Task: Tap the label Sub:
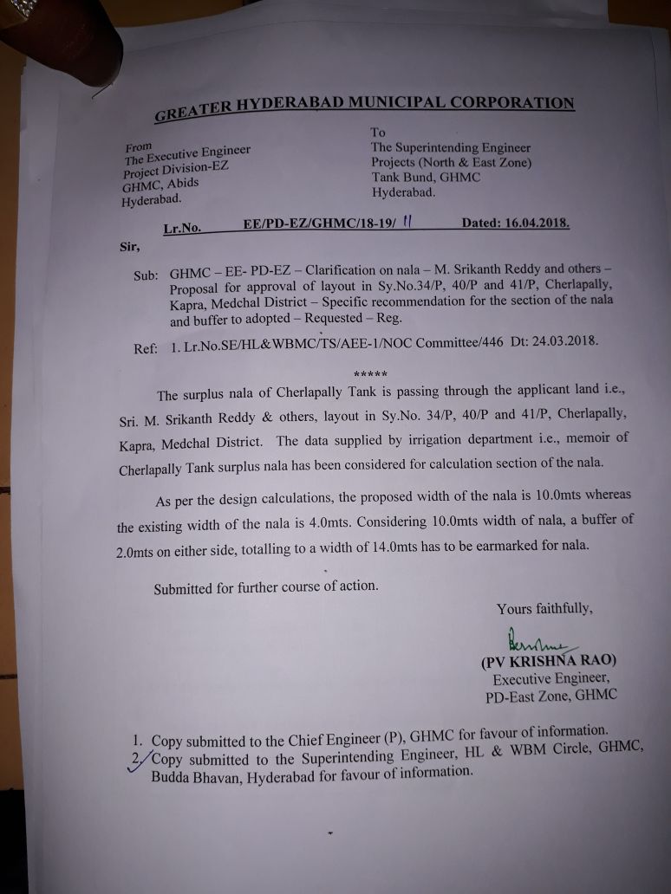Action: point(146,275)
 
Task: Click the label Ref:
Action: point(145,349)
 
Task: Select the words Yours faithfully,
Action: point(544,609)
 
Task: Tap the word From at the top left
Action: point(138,146)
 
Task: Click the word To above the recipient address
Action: point(378,133)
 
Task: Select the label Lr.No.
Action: point(181,230)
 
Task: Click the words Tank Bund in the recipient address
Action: point(402,178)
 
